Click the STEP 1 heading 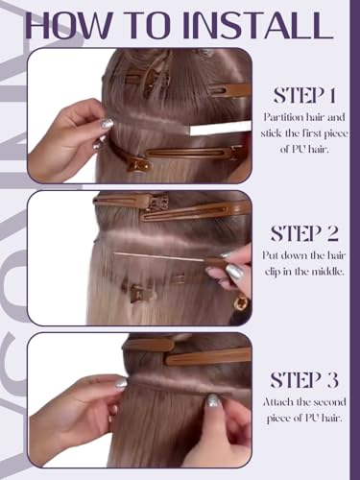[x=304, y=95]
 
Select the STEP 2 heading [x=304, y=233]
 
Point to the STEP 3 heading [x=304, y=380]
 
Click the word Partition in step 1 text [x=283, y=117]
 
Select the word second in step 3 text [x=330, y=402]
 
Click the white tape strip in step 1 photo [x=221, y=129]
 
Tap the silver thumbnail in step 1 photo [x=107, y=124]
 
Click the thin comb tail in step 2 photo [x=159, y=257]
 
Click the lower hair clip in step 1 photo [x=179, y=156]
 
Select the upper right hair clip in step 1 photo [x=229, y=89]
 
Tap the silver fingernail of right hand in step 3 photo [x=213, y=400]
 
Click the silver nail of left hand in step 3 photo [x=121, y=382]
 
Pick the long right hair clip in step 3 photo [x=208, y=356]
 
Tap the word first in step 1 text [x=314, y=133]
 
